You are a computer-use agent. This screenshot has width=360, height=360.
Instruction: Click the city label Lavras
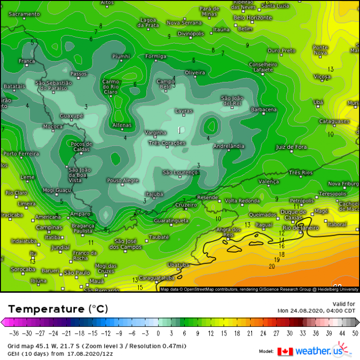184,111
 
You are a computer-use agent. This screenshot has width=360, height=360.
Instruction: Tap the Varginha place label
156,132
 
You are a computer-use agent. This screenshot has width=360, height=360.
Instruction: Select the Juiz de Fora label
291,147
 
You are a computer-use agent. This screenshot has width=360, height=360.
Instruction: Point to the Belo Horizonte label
252,18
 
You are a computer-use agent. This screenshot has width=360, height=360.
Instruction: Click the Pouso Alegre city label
122,180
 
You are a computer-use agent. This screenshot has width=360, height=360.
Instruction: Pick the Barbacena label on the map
264,110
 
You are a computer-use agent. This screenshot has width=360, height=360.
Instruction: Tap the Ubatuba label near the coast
178,264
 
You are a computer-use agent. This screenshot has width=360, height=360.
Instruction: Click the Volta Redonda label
242,201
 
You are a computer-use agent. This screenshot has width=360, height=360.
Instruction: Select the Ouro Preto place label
281,51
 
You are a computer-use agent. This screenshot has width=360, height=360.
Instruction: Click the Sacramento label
24,14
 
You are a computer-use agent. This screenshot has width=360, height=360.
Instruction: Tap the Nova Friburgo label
344,184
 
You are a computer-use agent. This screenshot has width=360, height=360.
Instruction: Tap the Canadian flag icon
285,351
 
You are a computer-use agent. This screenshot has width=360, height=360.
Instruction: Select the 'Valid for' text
344,304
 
